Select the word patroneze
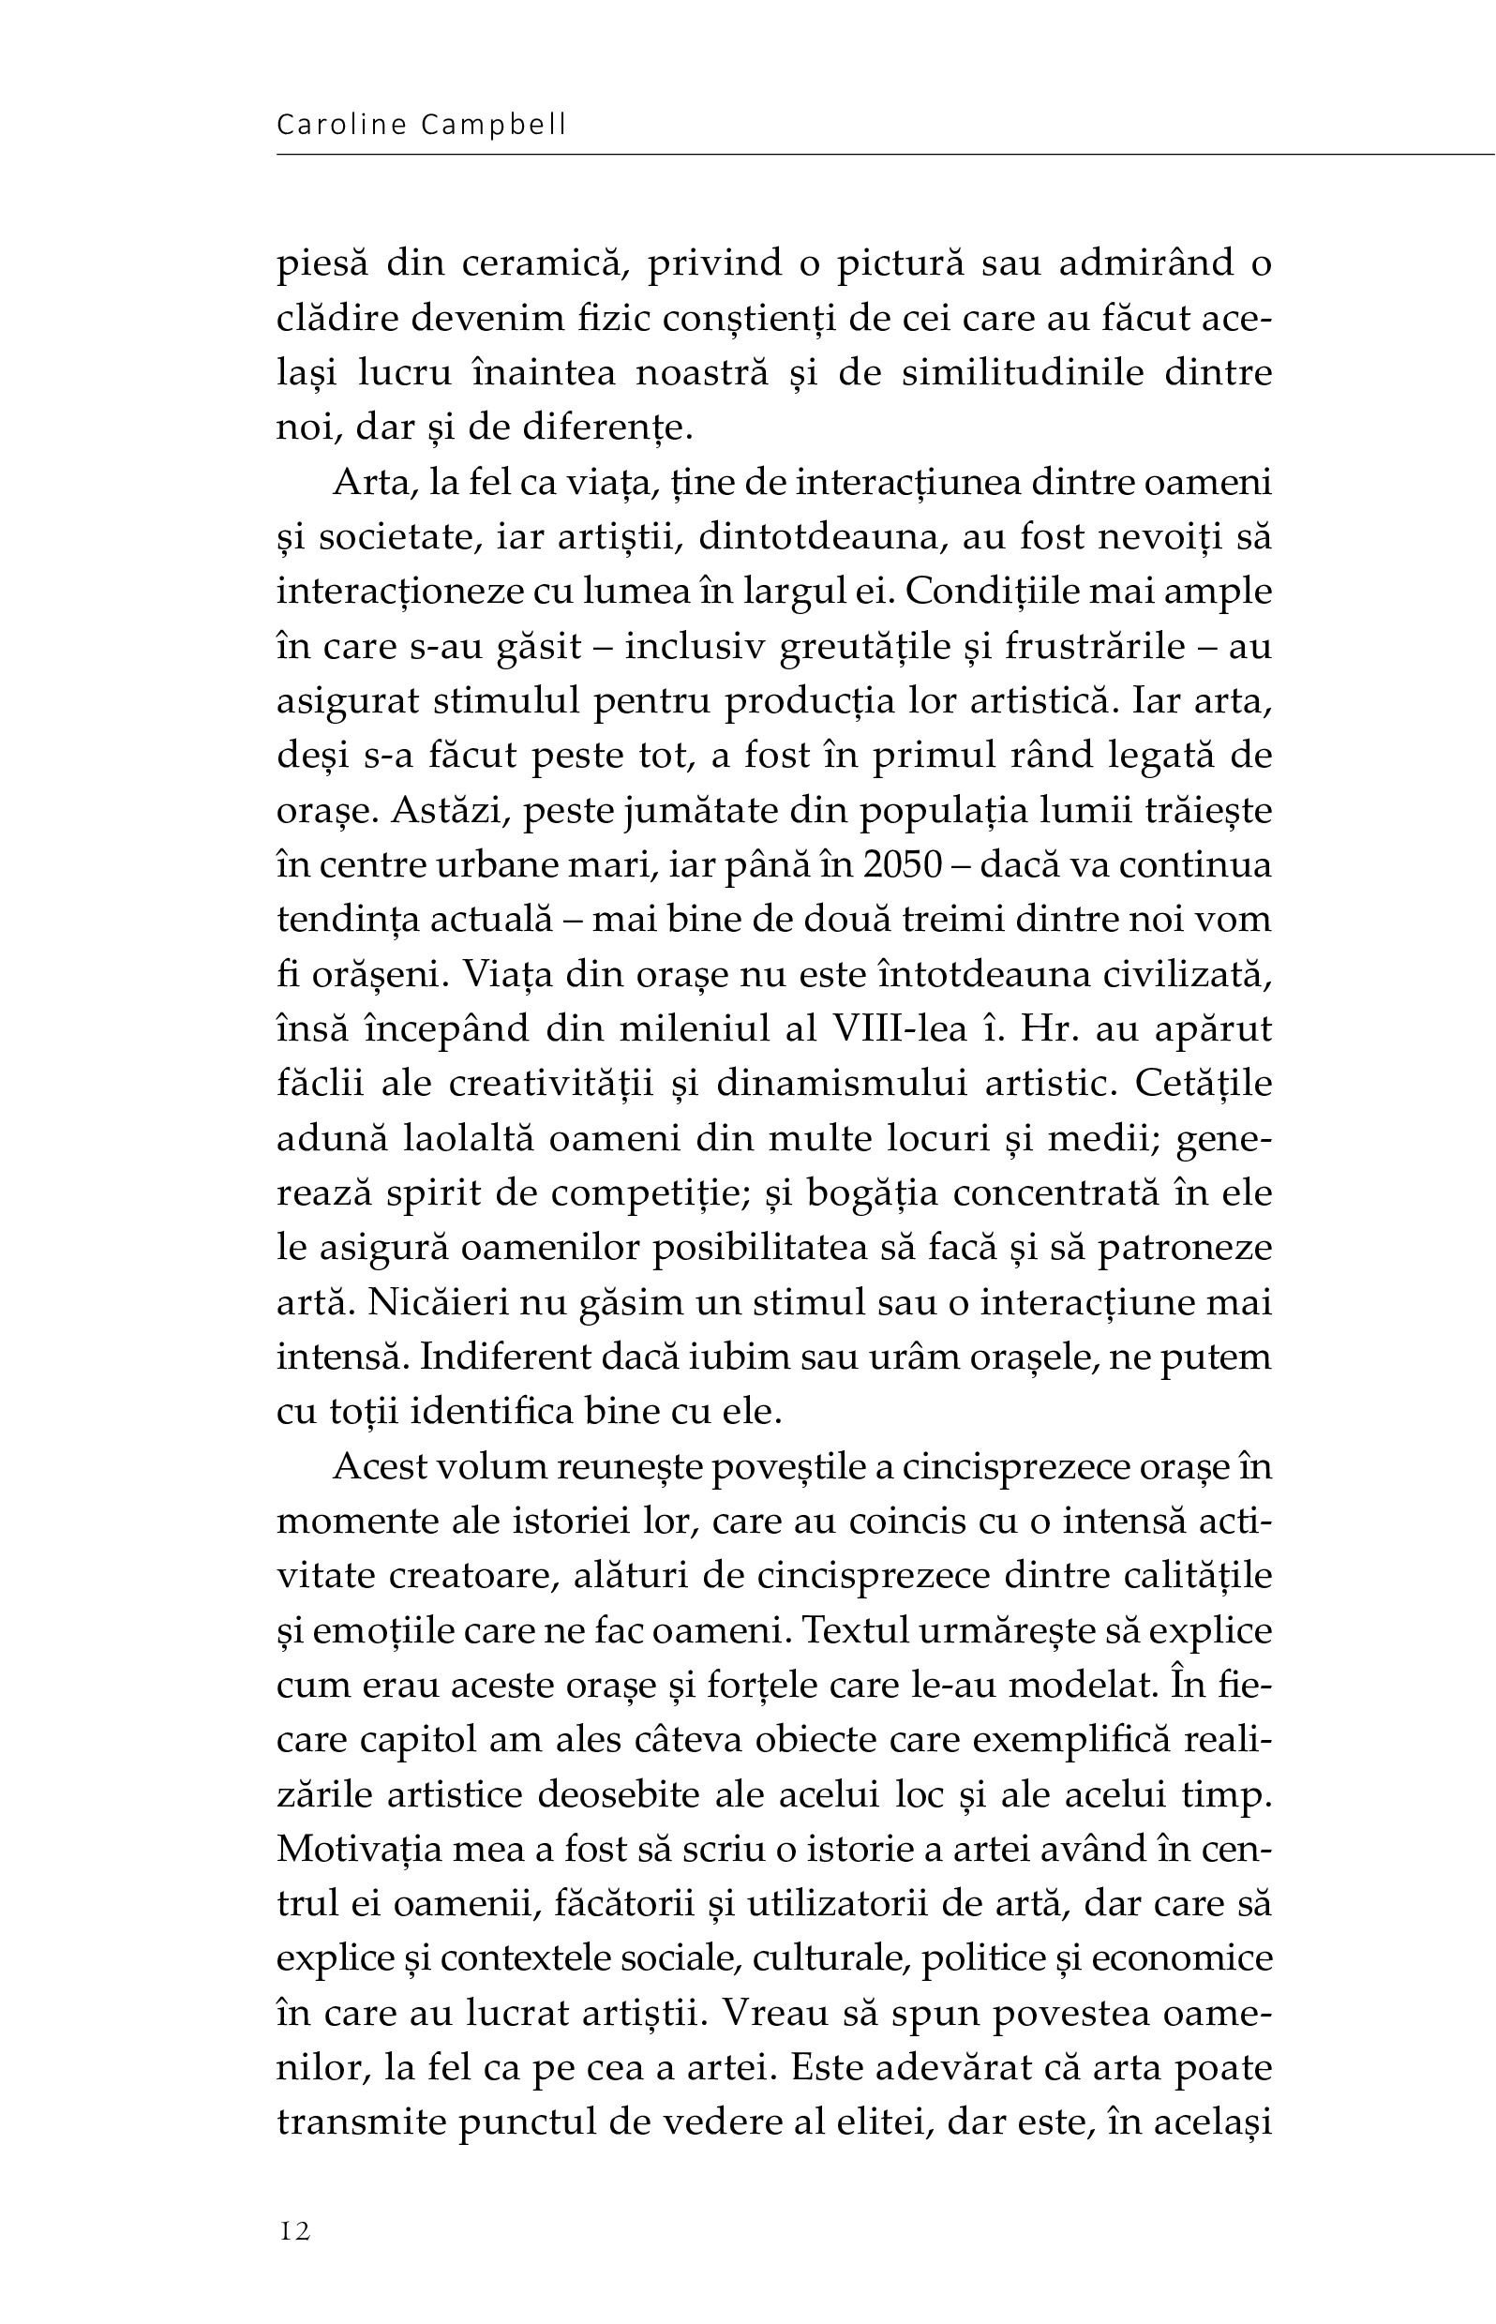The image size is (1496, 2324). pos(1184,1248)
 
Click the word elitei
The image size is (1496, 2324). pos(880,2122)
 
